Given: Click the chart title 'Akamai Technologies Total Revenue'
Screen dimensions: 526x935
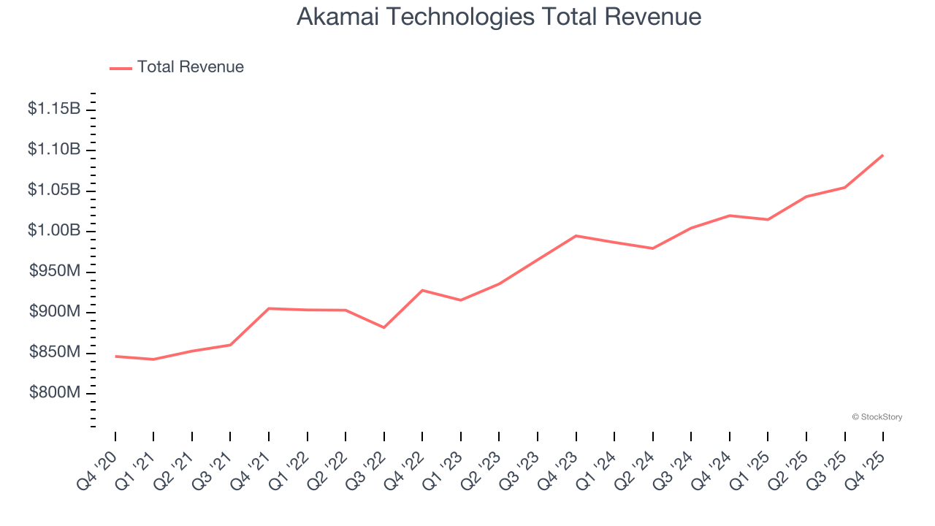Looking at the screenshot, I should click(499, 17).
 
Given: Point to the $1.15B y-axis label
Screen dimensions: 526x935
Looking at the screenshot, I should click(54, 109).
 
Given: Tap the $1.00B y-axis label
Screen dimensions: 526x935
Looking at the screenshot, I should click(54, 231).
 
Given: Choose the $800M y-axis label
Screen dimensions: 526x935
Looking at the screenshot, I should click(55, 393).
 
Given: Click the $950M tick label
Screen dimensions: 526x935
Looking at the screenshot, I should click(55, 272).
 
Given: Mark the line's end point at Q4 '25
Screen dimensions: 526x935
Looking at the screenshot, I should click(883, 155).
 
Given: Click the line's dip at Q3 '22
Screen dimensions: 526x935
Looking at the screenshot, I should click(384, 327).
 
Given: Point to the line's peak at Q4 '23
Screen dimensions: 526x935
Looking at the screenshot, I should click(576, 235).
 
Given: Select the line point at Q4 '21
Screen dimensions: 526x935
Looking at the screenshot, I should click(269, 308).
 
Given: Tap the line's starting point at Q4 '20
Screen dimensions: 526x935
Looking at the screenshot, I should click(115, 356).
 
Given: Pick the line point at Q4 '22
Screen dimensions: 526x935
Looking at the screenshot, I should click(422, 290).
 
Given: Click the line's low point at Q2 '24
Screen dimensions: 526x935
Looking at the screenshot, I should click(652, 248).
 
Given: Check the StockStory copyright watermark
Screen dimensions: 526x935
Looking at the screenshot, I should click(877, 417).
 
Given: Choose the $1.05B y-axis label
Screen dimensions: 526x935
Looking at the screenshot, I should click(54, 190).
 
